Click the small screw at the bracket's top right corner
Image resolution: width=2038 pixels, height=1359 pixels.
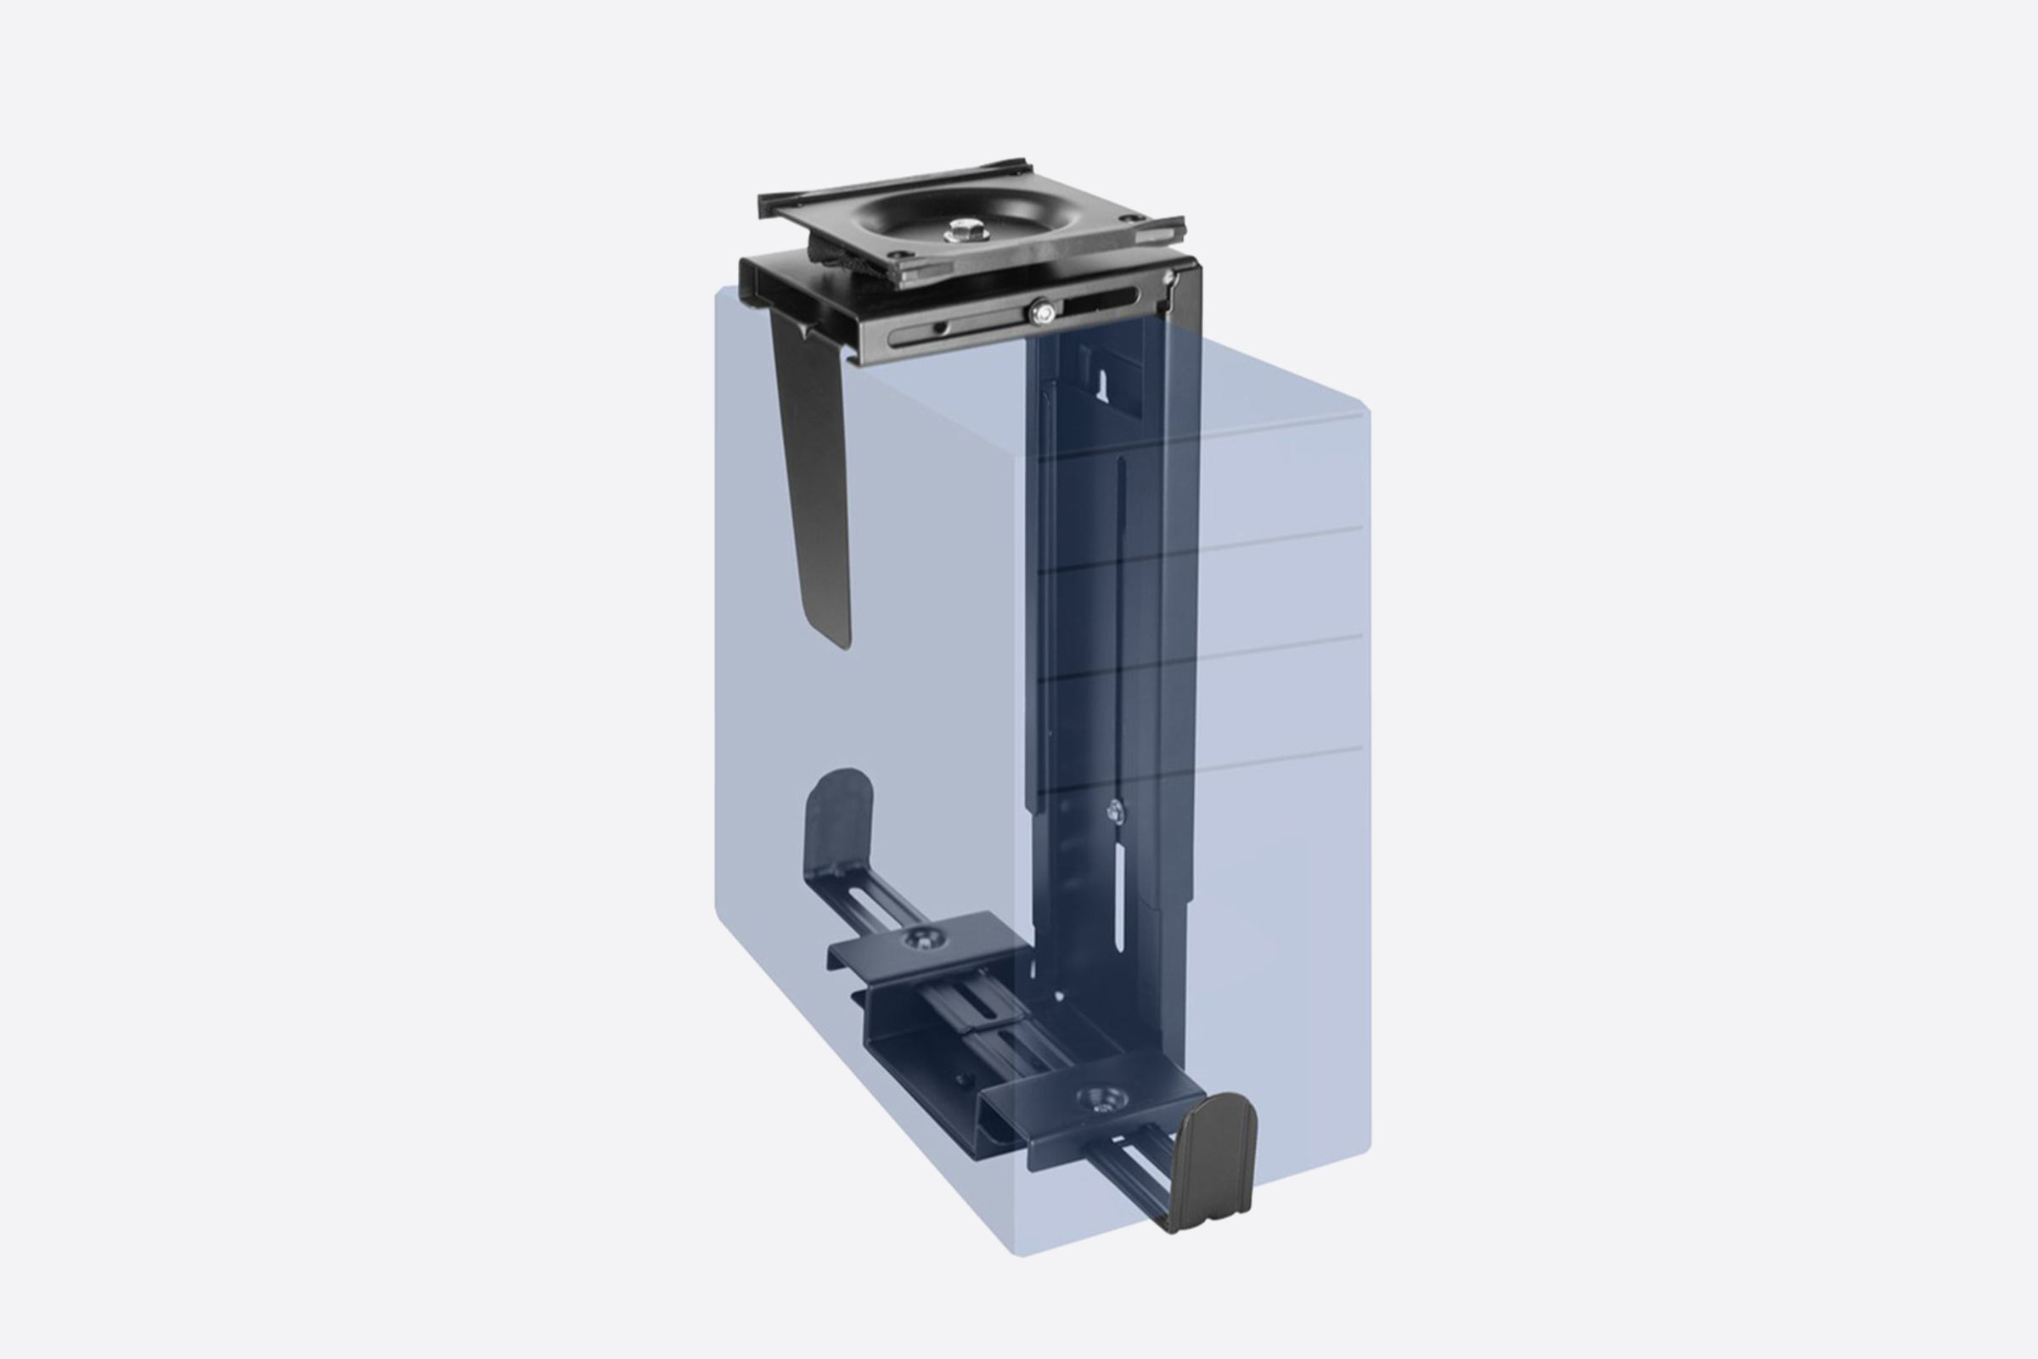(1169, 278)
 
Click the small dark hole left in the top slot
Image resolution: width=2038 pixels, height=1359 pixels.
(937, 328)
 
